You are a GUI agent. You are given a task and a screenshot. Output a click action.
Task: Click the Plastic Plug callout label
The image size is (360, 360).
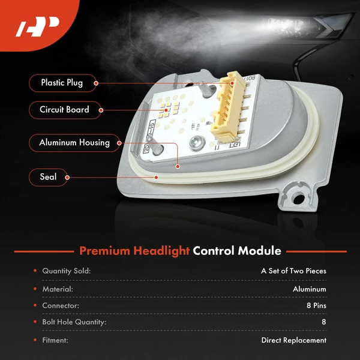click(x=62, y=83)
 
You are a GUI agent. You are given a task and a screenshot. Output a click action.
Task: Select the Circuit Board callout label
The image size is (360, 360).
click(x=65, y=110)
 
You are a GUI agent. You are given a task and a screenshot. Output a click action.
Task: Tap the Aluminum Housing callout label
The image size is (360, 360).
click(x=74, y=143)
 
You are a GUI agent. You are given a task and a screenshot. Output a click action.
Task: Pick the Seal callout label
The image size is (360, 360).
click(x=48, y=177)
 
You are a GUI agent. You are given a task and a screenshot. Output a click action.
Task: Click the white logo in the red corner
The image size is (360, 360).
click(x=38, y=26)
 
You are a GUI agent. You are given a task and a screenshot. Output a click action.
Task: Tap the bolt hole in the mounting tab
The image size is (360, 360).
click(x=299, y=199)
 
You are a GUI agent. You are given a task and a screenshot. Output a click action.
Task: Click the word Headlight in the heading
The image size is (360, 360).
click(x=161, y=251)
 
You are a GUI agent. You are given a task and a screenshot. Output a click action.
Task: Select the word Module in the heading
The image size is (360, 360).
click(x=259, y=251)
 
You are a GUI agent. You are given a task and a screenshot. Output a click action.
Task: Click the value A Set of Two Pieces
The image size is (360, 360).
click(x=293, y=271)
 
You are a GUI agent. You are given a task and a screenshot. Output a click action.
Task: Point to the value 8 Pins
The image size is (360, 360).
click(x=316, y=305)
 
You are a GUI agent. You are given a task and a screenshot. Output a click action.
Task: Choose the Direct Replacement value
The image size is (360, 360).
click(x=293, y=340)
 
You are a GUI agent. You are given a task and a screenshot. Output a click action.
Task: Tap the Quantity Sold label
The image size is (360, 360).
click(x=67, y=271)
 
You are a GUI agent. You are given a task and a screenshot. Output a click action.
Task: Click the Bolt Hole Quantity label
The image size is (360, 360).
click(x=74, y=322)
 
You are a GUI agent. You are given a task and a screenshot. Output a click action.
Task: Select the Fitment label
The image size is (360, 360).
click(x=55, y=340)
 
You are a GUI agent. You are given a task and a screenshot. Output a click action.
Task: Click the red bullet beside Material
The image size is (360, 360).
click(x=35, y=289)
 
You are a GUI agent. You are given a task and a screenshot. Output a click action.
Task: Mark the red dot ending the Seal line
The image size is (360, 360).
click(x=156, y=177)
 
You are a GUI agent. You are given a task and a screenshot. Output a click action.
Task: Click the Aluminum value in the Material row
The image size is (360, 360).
click(x=310, y=289)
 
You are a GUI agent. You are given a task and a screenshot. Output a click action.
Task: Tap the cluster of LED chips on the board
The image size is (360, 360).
click(x=169, y=109)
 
